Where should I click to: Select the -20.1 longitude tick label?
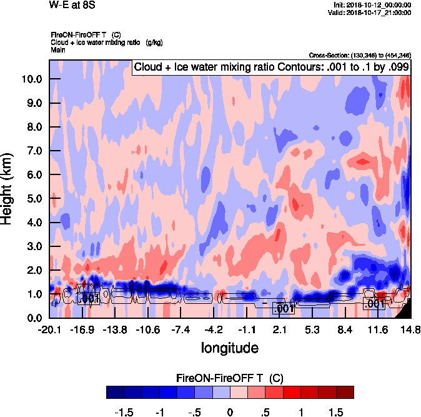click(x=49, y=329)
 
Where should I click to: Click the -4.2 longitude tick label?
click(x=214, y=329)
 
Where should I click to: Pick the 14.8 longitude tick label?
click(x=410, y=329)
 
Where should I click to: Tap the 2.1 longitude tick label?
click(x=280, y=329)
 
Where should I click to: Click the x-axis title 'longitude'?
click(x=229, y=347)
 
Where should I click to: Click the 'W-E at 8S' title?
click(x=69, y=5)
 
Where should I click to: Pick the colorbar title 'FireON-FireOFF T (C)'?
click(x=230, y=378)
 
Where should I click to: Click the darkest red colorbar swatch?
click(x=345, y=393)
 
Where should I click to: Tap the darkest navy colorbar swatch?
click(x=116, y=393)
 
